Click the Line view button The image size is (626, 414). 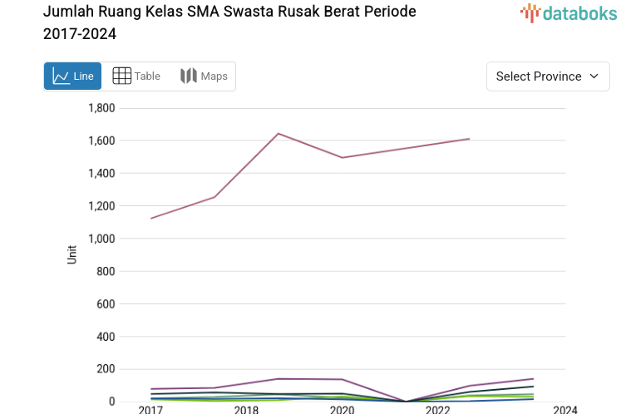coord(72,76)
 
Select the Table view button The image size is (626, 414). coord(136,76)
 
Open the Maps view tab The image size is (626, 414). coord(204,76)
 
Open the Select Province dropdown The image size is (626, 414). coord(548,76)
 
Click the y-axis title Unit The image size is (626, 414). coord(72,254)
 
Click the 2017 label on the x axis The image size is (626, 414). coord(150,409)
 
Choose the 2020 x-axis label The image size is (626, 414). coord(342,409)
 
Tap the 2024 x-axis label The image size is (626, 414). coord(564,409)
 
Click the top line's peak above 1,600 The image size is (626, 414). coord(278,133)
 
